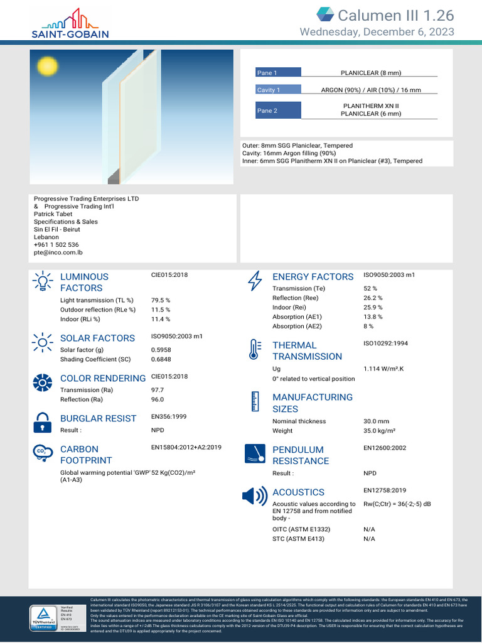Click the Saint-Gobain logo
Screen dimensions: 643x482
click(70, 23)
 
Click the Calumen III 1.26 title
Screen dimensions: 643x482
click(395, 16)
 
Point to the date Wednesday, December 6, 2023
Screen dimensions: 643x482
click(377, 32)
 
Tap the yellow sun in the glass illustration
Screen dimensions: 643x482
click(47, 65)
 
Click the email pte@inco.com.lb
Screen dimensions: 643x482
click(58, 252)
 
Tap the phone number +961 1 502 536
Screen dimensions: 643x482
click(56, 245)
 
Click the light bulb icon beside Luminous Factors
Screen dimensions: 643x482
click(42, 281)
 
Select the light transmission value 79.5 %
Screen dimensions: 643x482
click(161, 300)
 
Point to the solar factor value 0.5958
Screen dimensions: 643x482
click(161, 350)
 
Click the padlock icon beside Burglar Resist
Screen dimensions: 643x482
click(42, 423)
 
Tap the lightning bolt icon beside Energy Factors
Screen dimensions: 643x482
click(255, 281)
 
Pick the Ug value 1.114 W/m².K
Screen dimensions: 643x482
click(383, 369)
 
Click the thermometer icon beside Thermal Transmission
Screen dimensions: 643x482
click(254, 350)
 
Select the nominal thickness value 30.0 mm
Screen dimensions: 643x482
click(376, 421)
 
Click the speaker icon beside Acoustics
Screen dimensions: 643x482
click(254, 496)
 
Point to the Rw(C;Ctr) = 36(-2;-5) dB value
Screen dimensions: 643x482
click(397, 504)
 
